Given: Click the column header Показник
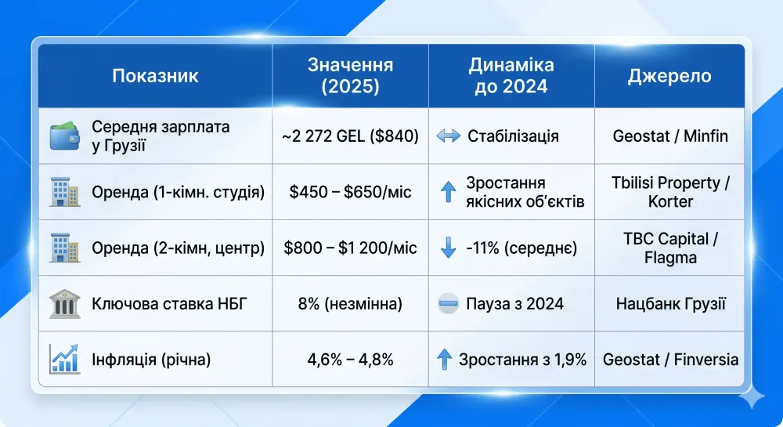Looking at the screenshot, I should [155, 76].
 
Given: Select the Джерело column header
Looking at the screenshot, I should [669, 76].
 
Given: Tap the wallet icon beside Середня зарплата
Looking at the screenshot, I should [64, 136].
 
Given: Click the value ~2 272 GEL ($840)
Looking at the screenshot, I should [350, 136].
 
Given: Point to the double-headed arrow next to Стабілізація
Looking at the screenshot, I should [448, 136].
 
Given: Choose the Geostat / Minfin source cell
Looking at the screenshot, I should [670, 136].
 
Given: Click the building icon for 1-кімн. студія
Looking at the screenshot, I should [64, 191].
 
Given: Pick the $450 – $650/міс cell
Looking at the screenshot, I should [350, 192].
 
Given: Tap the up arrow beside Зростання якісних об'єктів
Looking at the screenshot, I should [448, 192].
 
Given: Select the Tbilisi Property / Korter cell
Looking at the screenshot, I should [670, 192].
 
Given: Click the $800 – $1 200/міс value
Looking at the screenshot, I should [350, 248].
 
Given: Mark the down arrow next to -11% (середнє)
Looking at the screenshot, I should [448, 248].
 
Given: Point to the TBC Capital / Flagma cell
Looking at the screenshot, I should [670, 248].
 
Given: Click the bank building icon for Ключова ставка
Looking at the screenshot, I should [64, 304].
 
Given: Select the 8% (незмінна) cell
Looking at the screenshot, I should [350, 304].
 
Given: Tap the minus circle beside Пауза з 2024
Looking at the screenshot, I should [448, 304].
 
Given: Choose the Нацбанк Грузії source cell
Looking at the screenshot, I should [670, 304].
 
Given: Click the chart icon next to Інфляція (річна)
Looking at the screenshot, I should [64, 359].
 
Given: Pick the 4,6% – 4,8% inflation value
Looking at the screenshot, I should [350, 360].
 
